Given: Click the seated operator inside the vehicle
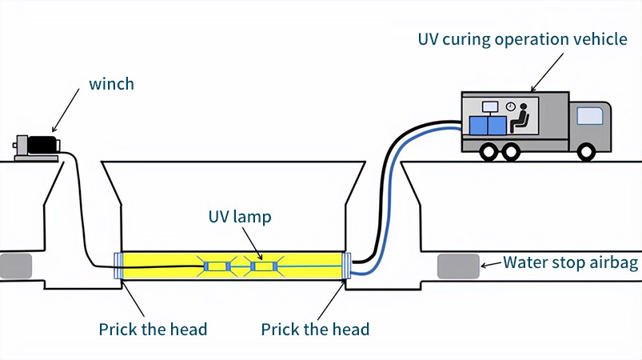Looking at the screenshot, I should point(520,117).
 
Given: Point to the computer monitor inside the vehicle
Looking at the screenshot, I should point(490,106).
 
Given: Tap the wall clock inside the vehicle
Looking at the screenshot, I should point(510,105).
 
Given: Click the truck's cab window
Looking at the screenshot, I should point(590,115).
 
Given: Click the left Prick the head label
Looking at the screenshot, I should point(153,329).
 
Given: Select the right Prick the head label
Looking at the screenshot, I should point(315,329).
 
